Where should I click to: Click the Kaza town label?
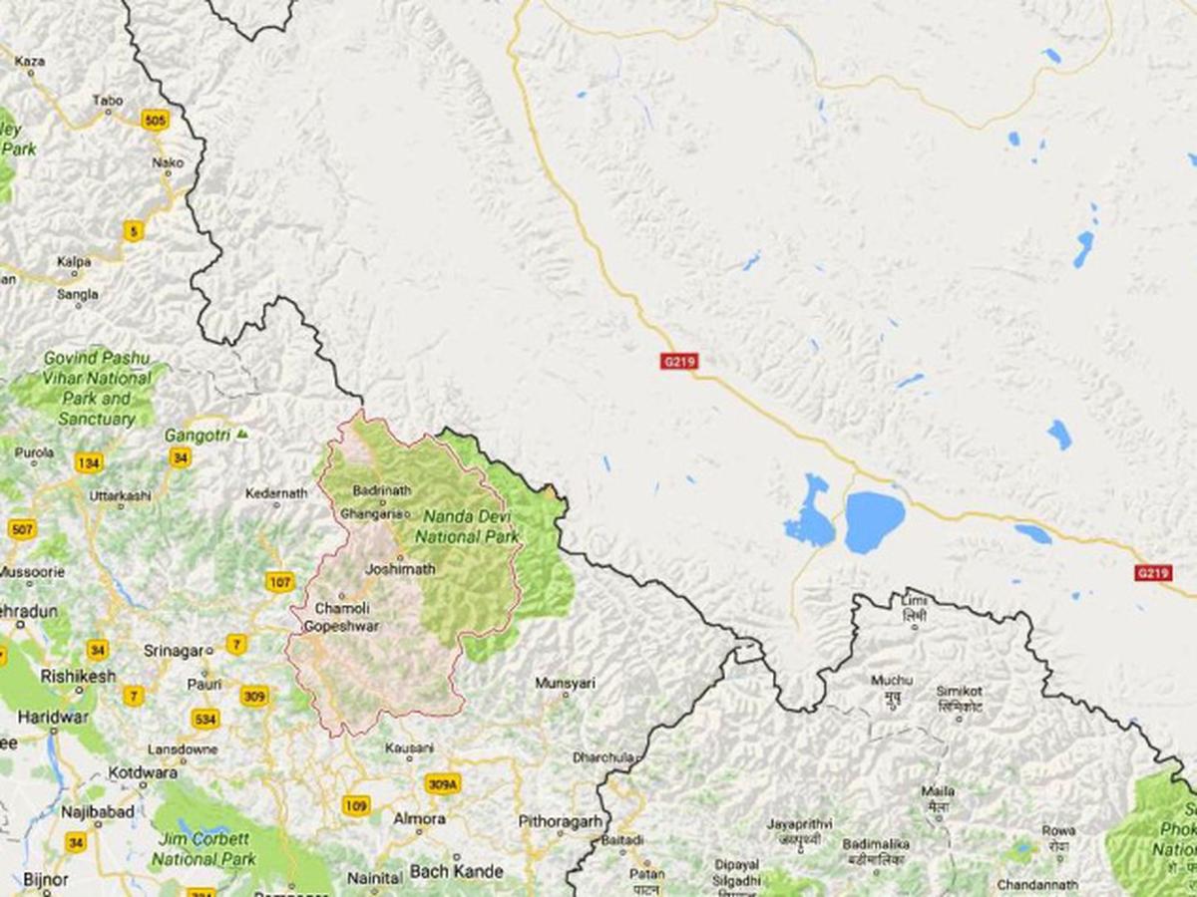click(30, 62)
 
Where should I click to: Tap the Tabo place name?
click(107, 101)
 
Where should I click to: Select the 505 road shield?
click(155, 121)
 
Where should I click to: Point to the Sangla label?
click(78, 294)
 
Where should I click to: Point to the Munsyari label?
click(565, 683)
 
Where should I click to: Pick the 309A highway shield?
click(443, 785)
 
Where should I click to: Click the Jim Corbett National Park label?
click(205, 849)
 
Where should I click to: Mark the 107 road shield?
click(280, 581)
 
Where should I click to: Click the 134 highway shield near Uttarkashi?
click(88, 462)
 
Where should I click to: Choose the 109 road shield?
click(354, 804)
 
